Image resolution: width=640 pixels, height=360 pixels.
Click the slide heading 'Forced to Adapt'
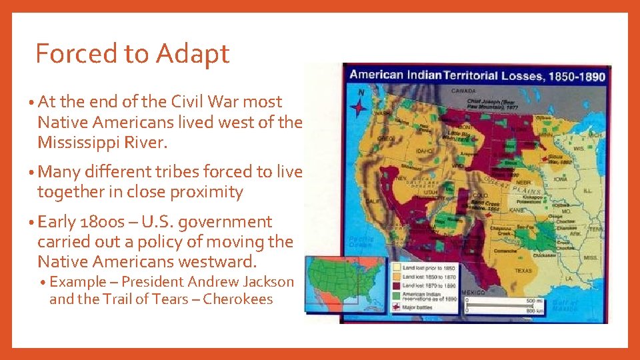(132, 53)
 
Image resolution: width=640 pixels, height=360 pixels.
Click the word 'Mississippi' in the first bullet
(76, 143)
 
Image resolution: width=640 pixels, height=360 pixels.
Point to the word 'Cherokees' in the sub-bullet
(238, 299)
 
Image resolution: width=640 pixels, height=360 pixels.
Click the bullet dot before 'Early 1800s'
(33, 223)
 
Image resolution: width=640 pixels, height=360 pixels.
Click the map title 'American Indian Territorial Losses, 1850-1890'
(477, 75)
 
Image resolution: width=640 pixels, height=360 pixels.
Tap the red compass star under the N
(359, 106)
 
